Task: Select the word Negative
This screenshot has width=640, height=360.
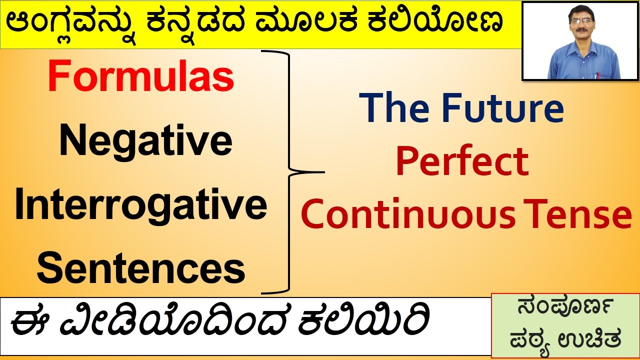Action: (145, 141)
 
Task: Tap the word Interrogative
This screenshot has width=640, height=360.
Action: (141, 205)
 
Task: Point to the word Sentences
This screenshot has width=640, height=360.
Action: (141, 268)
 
